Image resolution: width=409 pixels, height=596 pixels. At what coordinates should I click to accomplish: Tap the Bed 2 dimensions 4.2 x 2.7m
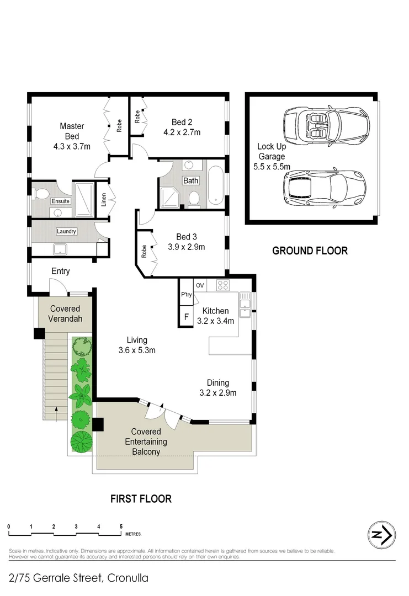[x=182, y=132]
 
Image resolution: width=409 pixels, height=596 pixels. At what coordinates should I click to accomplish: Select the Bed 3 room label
[x=186, y=237]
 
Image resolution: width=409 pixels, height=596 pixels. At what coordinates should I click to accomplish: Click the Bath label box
[x=191, y=180]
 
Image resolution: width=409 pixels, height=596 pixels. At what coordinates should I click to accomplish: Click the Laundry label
[x=66, y=231]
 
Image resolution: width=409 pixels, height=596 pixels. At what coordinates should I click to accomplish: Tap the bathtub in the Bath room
[x=215, y=184]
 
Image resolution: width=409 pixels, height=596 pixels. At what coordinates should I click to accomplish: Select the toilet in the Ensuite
[x=40, y=194]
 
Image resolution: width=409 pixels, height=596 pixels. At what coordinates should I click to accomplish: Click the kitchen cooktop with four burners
[x=223, y=285]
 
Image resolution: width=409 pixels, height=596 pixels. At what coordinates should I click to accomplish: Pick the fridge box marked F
[x=186, y=317]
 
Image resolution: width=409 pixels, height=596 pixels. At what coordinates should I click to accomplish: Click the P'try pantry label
[x=186, y=295]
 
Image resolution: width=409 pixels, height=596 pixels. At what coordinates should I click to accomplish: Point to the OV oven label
[x=200, y=285]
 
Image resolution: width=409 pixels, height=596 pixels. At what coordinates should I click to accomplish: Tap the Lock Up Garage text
[x=271, y=156]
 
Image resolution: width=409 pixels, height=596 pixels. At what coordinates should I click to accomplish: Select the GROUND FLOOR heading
[x=310, y=251]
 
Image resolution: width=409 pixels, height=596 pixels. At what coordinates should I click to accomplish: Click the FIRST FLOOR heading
[x=141, y=499]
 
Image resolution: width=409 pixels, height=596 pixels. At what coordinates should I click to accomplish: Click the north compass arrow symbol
[x=381, y=535]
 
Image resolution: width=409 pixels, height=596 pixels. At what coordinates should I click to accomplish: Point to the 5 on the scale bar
[x=121, y=527]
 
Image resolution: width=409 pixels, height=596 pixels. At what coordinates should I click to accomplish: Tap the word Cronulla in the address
[x=128, y=578]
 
